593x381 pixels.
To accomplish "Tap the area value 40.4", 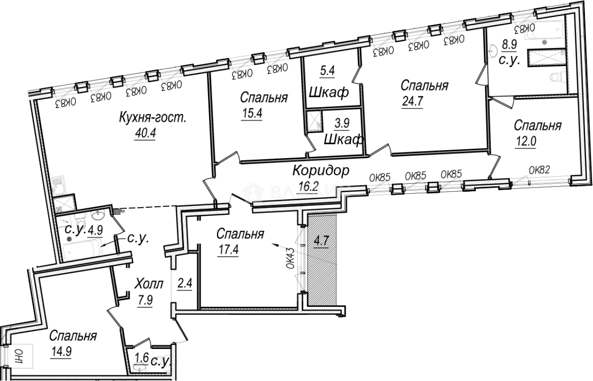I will [x=145, y=134].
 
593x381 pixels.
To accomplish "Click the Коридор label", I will [x=321, y=170].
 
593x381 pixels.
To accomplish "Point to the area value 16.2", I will [x=309, y=186].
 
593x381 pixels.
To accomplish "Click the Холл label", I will [x=149, y=284].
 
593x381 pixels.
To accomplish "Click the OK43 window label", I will [x=291, y=259].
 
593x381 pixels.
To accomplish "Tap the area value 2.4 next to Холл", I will [x=184, y=284].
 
